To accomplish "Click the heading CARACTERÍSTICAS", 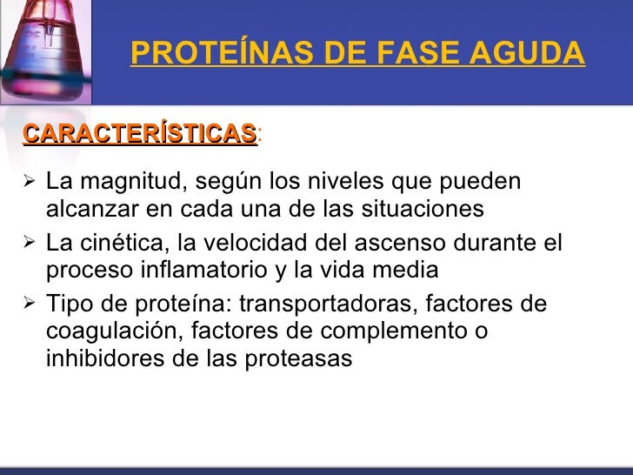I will (x=140, y=134).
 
